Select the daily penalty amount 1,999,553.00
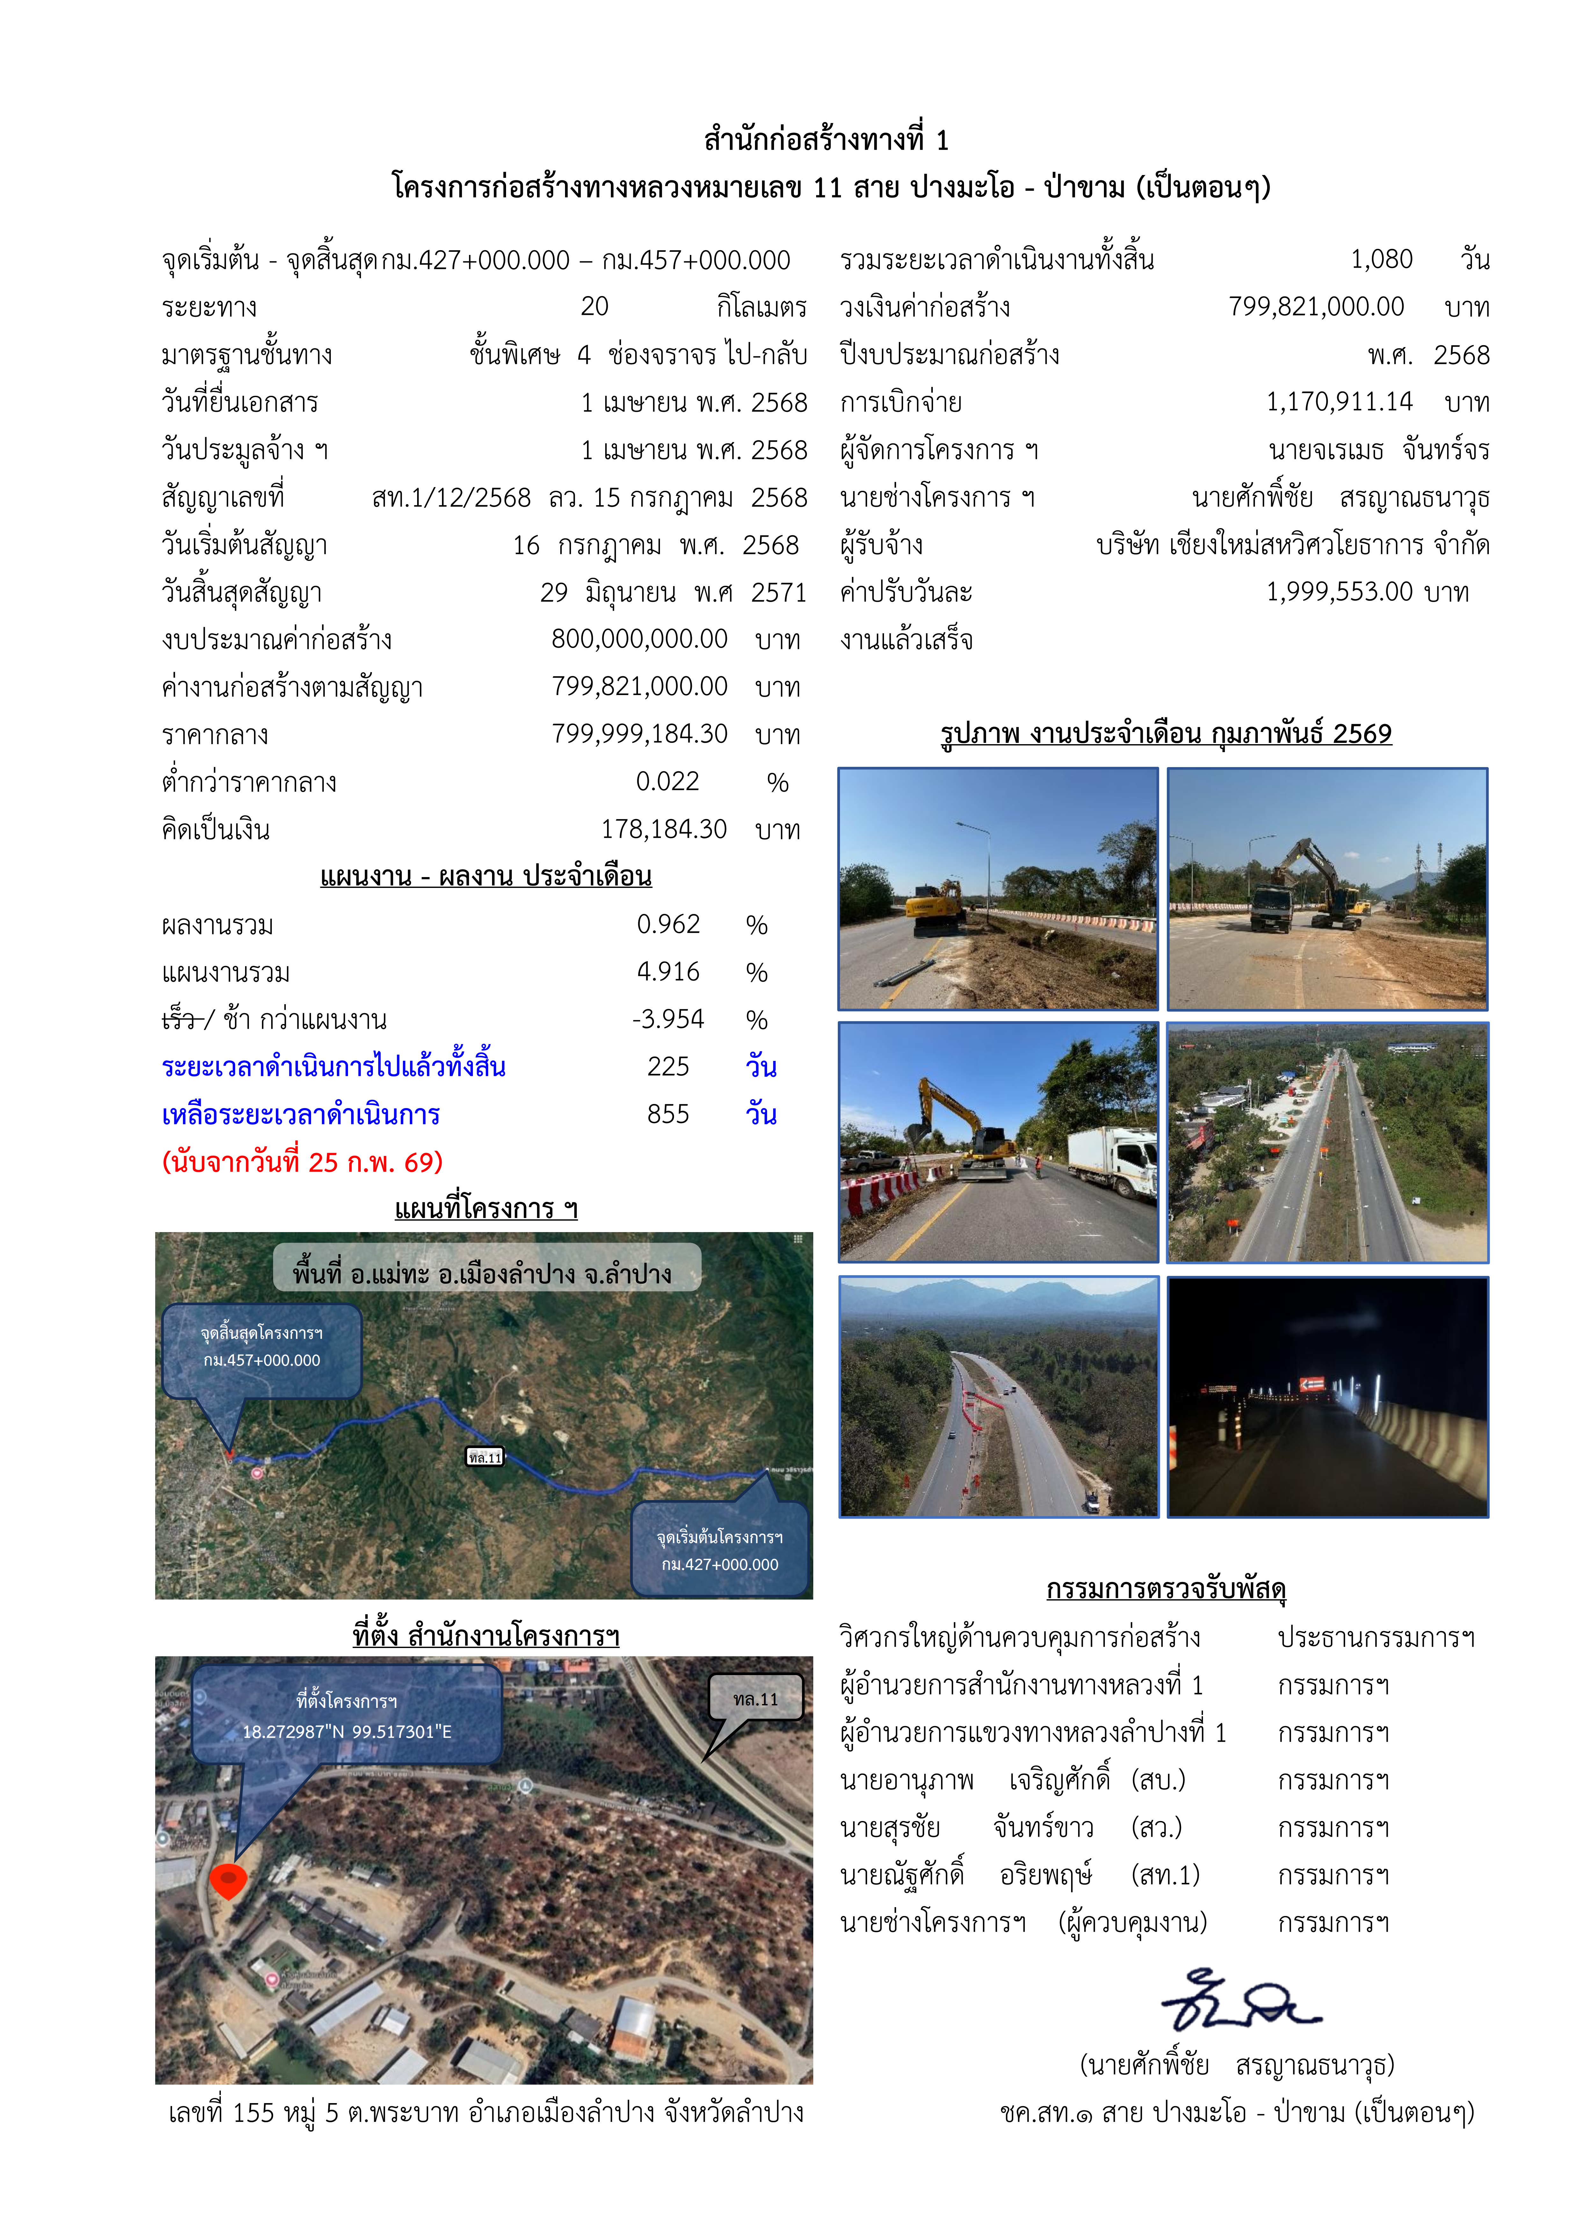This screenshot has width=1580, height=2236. click(x=1338, y=592)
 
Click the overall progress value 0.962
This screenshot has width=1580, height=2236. click(x=668, y=924)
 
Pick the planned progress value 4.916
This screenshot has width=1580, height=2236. click(x=668, y=972)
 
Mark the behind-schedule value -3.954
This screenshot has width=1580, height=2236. click(x=668, y=1020)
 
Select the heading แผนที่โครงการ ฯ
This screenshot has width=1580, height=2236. click(x=486, y=1209)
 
